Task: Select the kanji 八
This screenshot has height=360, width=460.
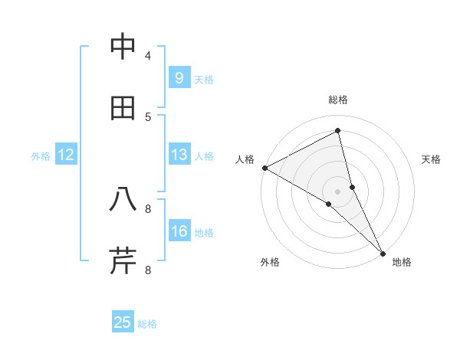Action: pos(123,200)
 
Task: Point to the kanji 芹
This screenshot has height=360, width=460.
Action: pos(123,261)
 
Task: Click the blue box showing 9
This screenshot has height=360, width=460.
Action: pos(179,78)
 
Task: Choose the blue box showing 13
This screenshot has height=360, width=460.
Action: pos(179,155)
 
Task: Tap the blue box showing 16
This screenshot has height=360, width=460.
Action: pos(179,231)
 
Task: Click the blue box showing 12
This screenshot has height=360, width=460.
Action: pos(66,155)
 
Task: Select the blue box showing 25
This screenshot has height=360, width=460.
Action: pos(123,322)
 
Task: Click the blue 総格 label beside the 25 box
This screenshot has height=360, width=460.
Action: pos(148,324)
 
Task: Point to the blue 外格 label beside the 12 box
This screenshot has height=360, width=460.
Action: pos(41,156)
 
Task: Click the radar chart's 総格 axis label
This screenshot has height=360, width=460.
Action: pos(338,100)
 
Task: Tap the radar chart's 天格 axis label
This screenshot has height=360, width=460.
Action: pos(432,159)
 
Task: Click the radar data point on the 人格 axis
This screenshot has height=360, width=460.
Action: pos(264,168)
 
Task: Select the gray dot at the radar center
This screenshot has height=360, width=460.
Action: pos(338,191)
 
